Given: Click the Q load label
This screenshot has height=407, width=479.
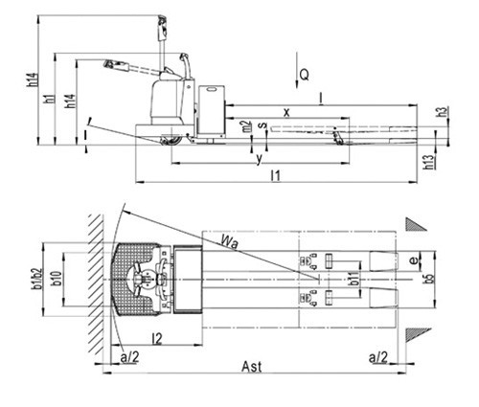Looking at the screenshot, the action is tap(305, 76).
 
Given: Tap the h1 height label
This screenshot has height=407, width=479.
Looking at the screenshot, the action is tap(50, 99).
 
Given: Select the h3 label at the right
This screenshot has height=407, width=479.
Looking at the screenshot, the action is tap(443, 112).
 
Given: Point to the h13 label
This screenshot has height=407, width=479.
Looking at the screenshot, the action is tap(430, 162).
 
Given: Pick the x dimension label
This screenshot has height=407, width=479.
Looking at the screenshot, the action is tap(286, 112).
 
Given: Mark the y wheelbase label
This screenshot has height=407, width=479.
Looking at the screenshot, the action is tap(260, 158).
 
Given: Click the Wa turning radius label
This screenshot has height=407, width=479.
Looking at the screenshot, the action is tap(230, 242).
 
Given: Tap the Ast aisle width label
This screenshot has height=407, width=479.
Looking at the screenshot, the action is tap(252, 367).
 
